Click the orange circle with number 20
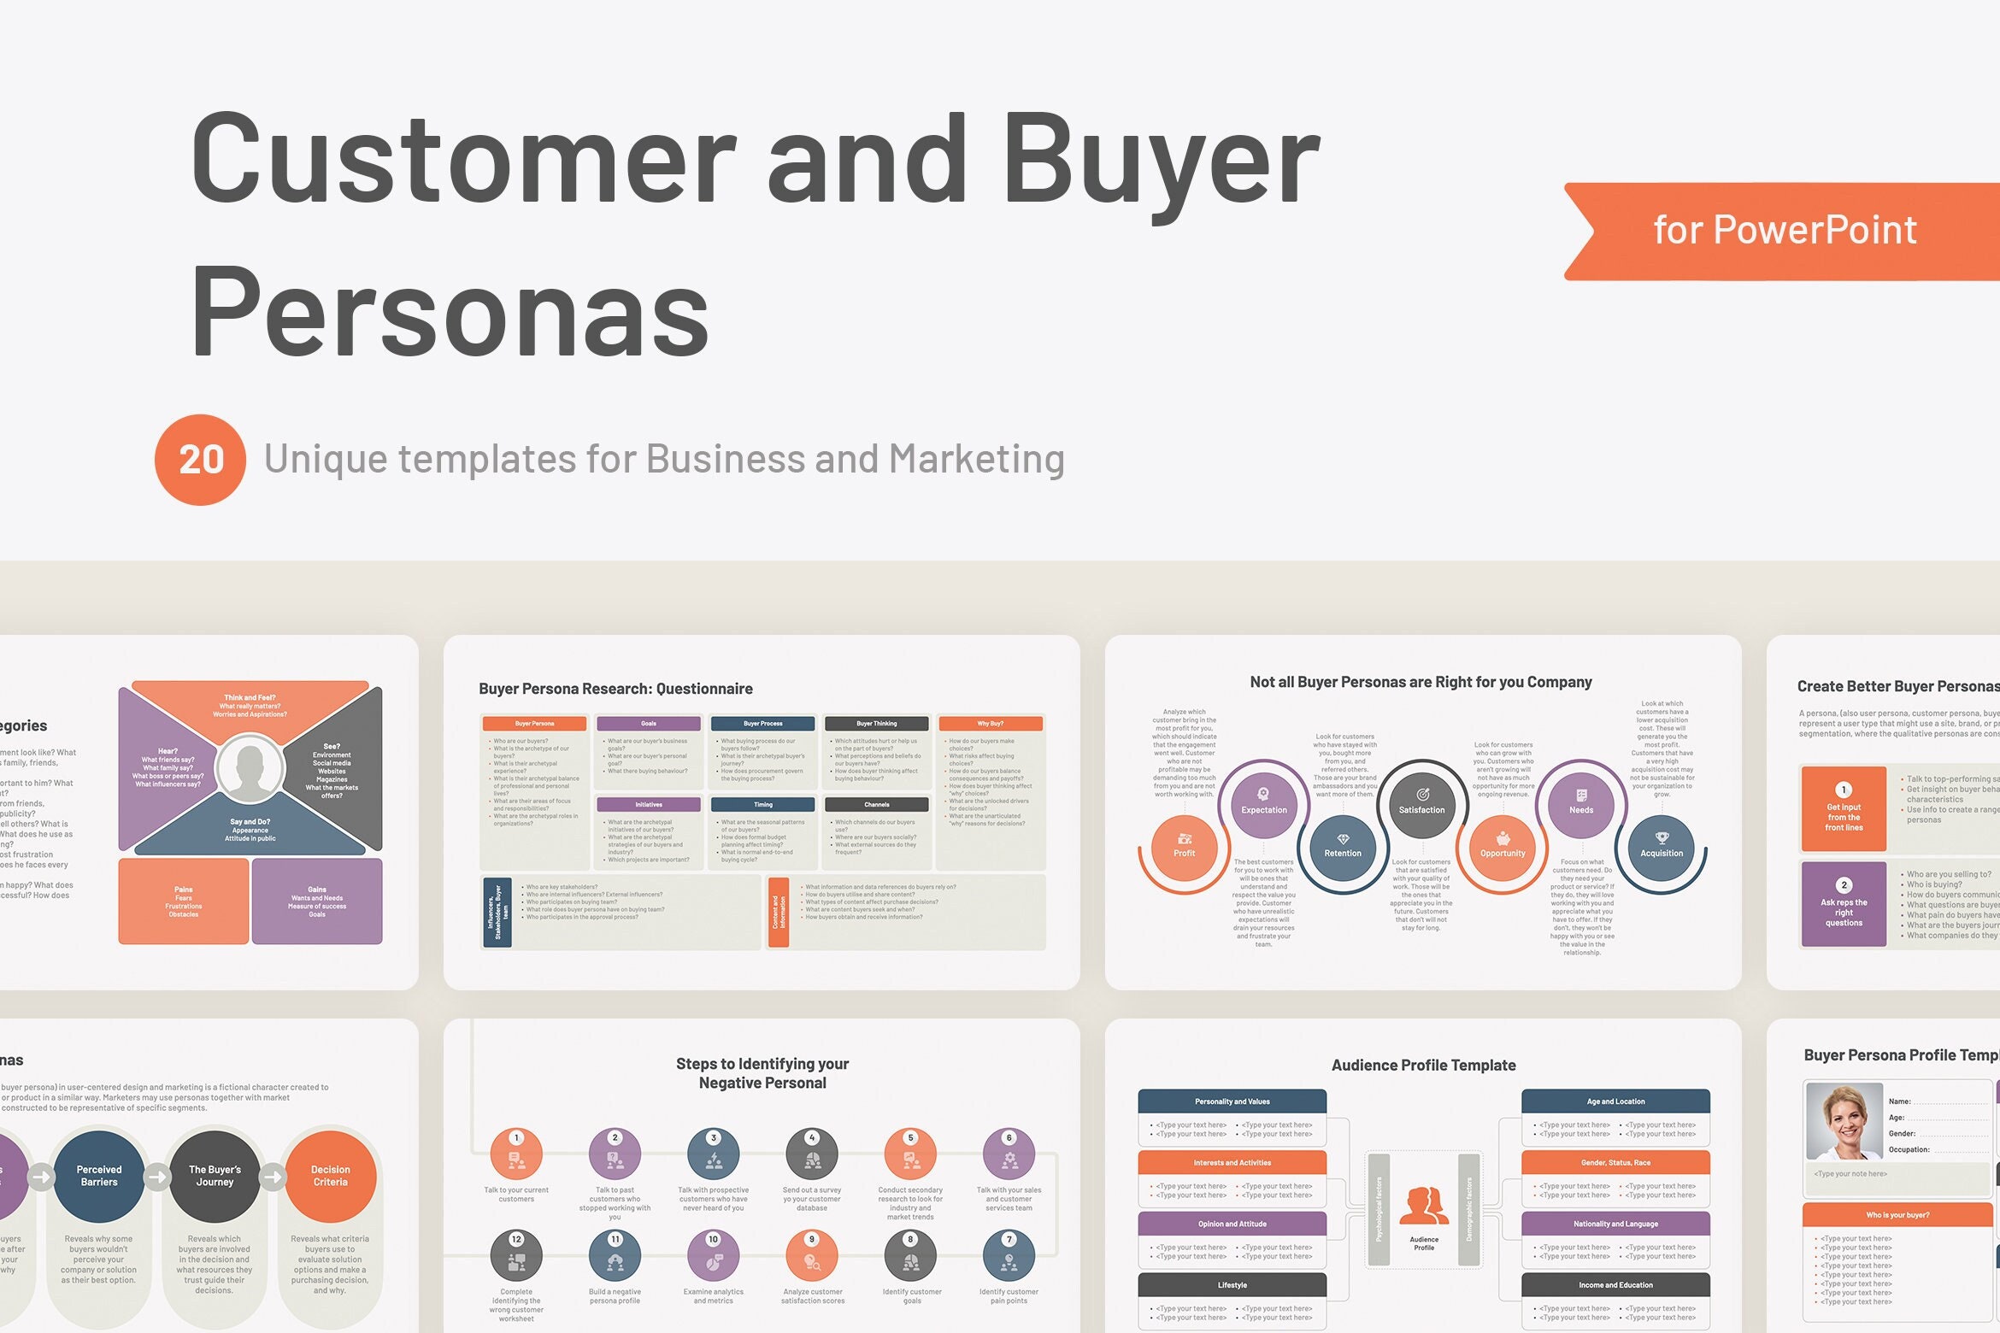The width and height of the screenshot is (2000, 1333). click(x=200, y=460)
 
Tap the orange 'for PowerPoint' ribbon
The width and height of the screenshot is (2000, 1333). click(x=1785, y=231)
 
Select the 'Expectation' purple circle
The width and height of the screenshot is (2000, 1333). click(x=1263, y=802)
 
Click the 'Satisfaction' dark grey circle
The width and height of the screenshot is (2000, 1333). click(x=1421, y=802)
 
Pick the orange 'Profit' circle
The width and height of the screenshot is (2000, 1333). click(x=1184, y=845)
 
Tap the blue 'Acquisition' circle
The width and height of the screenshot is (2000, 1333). click(x=1661, y=845)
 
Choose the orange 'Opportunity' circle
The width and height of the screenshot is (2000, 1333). click(x=1502, y=845)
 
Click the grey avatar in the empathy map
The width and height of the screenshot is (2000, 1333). click(x=250, y=767)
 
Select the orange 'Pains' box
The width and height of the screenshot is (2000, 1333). click(x=184, y=901)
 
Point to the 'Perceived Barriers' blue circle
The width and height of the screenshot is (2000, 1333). click(x=99, y=1176)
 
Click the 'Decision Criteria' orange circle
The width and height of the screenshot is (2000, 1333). click(x=330, y=1176)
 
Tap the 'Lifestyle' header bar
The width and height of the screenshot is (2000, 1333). click(x=1232, y=1285)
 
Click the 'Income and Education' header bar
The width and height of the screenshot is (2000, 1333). click(x=1615, y=1285)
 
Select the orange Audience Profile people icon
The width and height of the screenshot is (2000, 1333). click(x=1423, y=1207)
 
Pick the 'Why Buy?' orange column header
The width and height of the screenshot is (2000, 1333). click(x=990, y=724)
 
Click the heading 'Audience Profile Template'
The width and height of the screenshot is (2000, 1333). click(x=1423, y=1066)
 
